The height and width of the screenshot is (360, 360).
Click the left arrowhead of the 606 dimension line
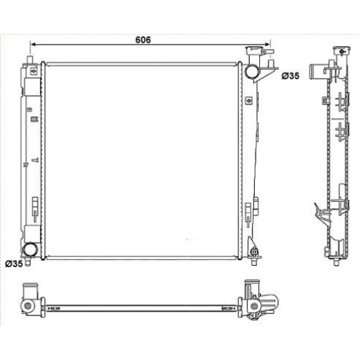tap(32, 46)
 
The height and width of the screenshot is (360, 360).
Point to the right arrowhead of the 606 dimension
tap(271, 46)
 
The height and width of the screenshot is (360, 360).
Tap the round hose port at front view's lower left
tap(30, 250)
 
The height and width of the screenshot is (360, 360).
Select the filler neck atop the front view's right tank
tap(253, 52)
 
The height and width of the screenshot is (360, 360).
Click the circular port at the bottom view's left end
tap(27, 307)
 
